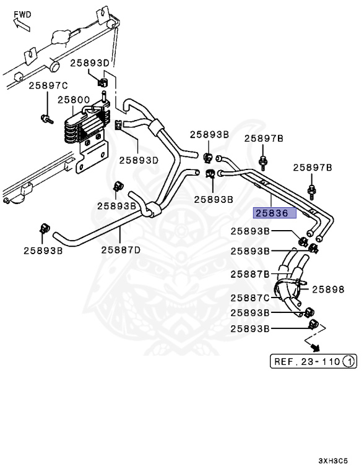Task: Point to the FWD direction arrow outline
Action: (20, 24)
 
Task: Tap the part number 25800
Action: (74, 99)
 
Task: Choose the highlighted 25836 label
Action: (274, 213)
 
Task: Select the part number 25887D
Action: (121, 250)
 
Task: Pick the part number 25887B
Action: (250, 274)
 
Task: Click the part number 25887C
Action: (250, 298)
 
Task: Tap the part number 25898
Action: (327, 289)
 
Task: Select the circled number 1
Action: (349, 361)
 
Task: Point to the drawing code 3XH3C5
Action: (334, 461)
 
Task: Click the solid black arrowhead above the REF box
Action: (315, 347)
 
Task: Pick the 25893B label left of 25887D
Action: (43, 250)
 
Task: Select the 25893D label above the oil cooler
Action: (89, 62)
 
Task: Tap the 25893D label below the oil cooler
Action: (139, 160)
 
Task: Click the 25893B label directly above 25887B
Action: (250, 252)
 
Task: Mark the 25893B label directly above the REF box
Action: (250, 328)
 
